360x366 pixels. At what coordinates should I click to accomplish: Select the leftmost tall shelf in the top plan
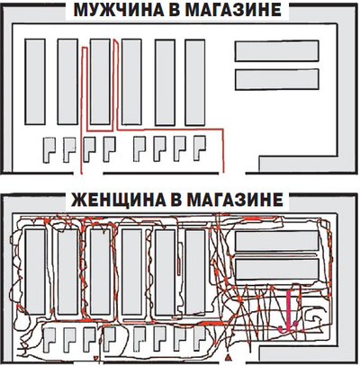[35, 82]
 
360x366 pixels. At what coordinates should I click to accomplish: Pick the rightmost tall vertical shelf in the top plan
[195, 83]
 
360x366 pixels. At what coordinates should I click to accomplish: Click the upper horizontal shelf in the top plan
[276, 51]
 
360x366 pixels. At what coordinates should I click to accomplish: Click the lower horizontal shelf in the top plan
[276, 79]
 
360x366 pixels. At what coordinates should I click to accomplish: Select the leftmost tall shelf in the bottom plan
[35, 272]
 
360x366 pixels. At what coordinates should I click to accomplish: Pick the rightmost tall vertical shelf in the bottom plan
[195, 272]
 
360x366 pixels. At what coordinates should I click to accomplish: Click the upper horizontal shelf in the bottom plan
[276, 241]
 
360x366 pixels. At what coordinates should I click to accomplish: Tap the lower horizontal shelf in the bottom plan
[276, 269]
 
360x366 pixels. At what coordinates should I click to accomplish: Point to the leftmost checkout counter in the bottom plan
[48, 339]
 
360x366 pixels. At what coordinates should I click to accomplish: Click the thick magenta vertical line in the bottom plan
[289, 310]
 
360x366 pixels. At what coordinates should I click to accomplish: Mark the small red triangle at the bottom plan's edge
[228, 357]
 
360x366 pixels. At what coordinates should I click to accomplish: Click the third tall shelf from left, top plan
[100, 82]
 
